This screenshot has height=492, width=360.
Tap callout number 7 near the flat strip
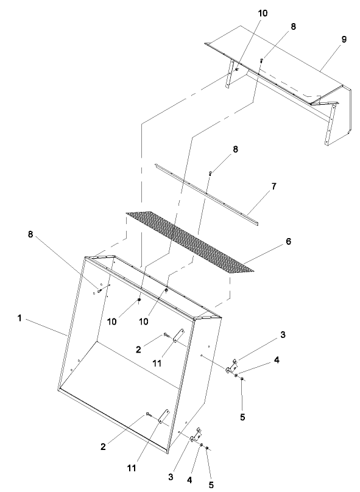click(x=274, y=186)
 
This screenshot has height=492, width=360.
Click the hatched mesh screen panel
click(x=189, y=242)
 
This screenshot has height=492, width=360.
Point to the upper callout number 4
click(x=277, y=360)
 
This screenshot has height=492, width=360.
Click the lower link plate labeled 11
click(x=164, y=416)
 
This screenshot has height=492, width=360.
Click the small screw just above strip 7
click(x=211, y=174)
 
